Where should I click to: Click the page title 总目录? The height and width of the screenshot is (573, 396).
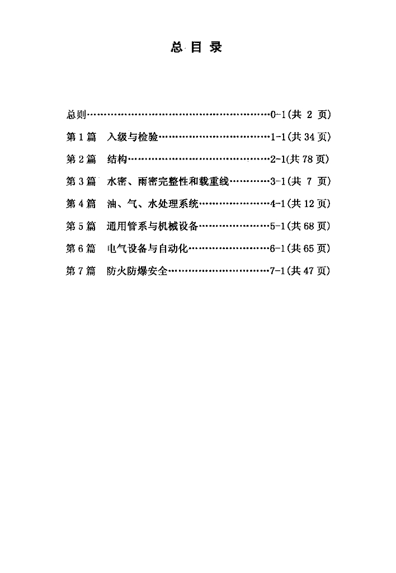click(x=196, y=48)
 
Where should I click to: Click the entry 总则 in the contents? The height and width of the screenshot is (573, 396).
click(x=76, y=115)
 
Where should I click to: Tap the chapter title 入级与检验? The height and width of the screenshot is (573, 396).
click(x=132, y=137)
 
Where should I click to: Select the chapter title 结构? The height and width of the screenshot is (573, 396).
click(x=117, y=159)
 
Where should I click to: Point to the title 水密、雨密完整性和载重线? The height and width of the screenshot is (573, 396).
click(x=168, y=182)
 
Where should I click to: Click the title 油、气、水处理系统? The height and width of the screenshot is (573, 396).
click(x=153, y=204)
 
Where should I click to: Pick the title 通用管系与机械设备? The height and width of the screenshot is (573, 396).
click(x=152, y=226)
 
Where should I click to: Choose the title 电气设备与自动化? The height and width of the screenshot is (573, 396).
click(x=147, y=248)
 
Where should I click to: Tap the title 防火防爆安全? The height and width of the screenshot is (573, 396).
click(x=137, y=271)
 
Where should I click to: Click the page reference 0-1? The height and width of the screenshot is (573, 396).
click(x=278, y=115)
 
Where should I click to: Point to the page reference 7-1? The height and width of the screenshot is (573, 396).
click(x=277, y=271)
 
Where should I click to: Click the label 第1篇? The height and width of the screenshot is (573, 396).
click(x=81, y=137)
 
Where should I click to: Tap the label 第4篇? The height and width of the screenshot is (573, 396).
click(x=81, y=204)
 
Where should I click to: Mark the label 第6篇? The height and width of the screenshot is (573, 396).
click(x=81, y=248)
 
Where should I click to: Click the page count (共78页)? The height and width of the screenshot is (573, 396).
click(x=308, y=159)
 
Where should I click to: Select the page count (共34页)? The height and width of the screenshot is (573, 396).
click(x=309, y=137)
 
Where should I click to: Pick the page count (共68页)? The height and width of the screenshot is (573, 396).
click(x=309, y=226)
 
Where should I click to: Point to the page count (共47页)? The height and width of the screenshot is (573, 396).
click(x=308, y=271)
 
